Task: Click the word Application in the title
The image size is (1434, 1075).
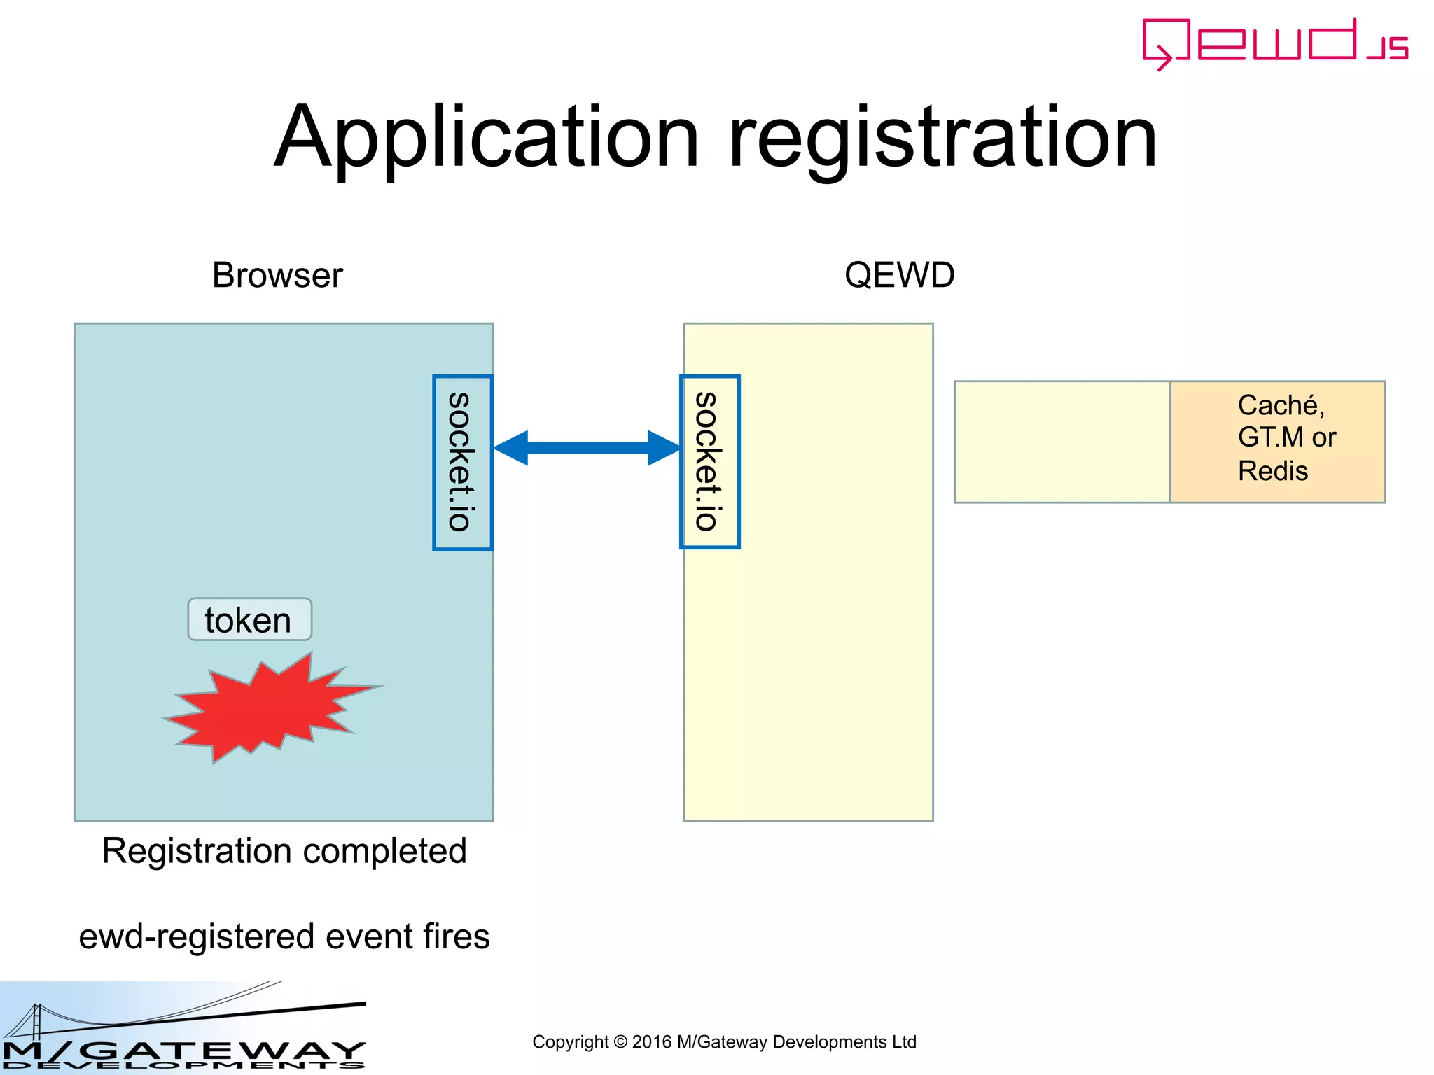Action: coord(487,137)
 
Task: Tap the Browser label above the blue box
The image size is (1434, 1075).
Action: coord(277,275)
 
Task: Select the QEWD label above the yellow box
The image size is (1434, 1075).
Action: coord(899,275)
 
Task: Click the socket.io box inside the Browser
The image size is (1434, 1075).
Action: coord(462,463)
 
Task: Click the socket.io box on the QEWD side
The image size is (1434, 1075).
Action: coord(709,462)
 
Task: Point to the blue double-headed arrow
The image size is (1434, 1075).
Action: coord(587,448)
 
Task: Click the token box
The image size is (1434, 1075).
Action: coord(249,619)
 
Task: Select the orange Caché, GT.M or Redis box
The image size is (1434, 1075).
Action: coord(1277,442)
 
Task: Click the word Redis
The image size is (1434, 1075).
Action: coord(1272,471)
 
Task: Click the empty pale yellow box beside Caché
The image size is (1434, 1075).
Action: coord(1061,442)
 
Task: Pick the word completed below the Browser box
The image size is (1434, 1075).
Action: coord(384,852)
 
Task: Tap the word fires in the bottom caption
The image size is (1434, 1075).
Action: coord(457,936)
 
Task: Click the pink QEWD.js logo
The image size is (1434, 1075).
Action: coord(1274,43)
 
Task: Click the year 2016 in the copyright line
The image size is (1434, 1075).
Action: coord(651,1042)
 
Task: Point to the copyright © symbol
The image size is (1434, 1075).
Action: coord(620,1042)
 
